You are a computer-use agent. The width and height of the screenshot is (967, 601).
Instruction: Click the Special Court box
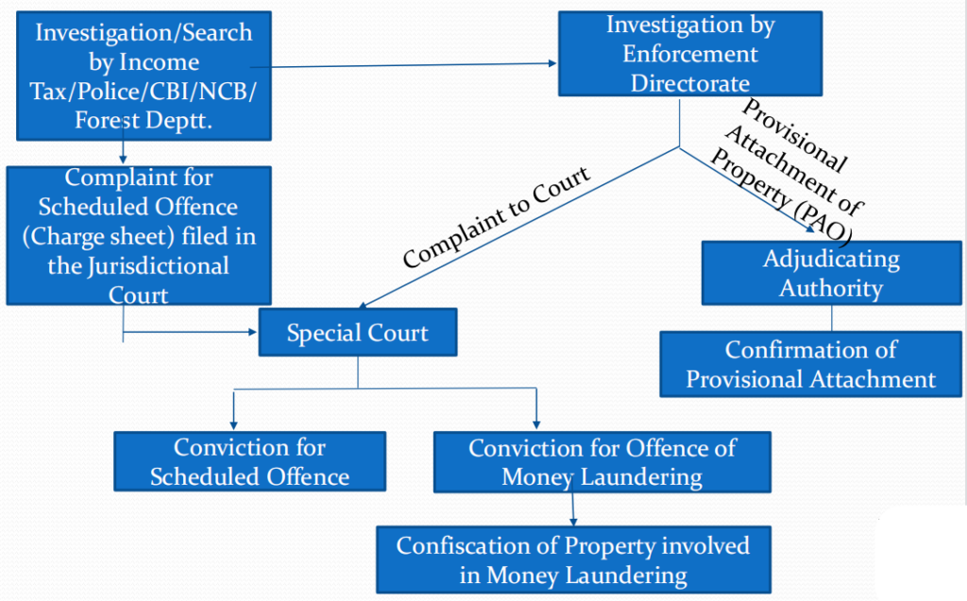click(x=357, y=334)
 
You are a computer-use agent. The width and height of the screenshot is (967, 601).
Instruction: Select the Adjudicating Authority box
click(x=831, y=272)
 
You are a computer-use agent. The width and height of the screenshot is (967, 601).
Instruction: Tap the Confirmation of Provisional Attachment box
click(x=810, y=365)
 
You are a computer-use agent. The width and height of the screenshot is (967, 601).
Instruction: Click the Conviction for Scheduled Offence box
click(x=249, y=462)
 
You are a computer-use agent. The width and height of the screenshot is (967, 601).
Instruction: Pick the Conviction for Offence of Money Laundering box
click(x=602, y=462)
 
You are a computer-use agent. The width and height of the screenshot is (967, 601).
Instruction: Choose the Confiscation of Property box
click(x=572, y=559)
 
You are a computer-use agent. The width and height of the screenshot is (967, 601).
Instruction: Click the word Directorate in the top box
click(x=690, y=82)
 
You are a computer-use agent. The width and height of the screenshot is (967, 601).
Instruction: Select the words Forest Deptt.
click(x=144, y=120)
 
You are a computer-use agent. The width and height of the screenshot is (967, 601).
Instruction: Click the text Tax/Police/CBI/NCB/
click(x=144, y=92)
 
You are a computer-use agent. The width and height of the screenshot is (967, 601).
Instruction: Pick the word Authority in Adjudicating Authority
click(x=831, y=287)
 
